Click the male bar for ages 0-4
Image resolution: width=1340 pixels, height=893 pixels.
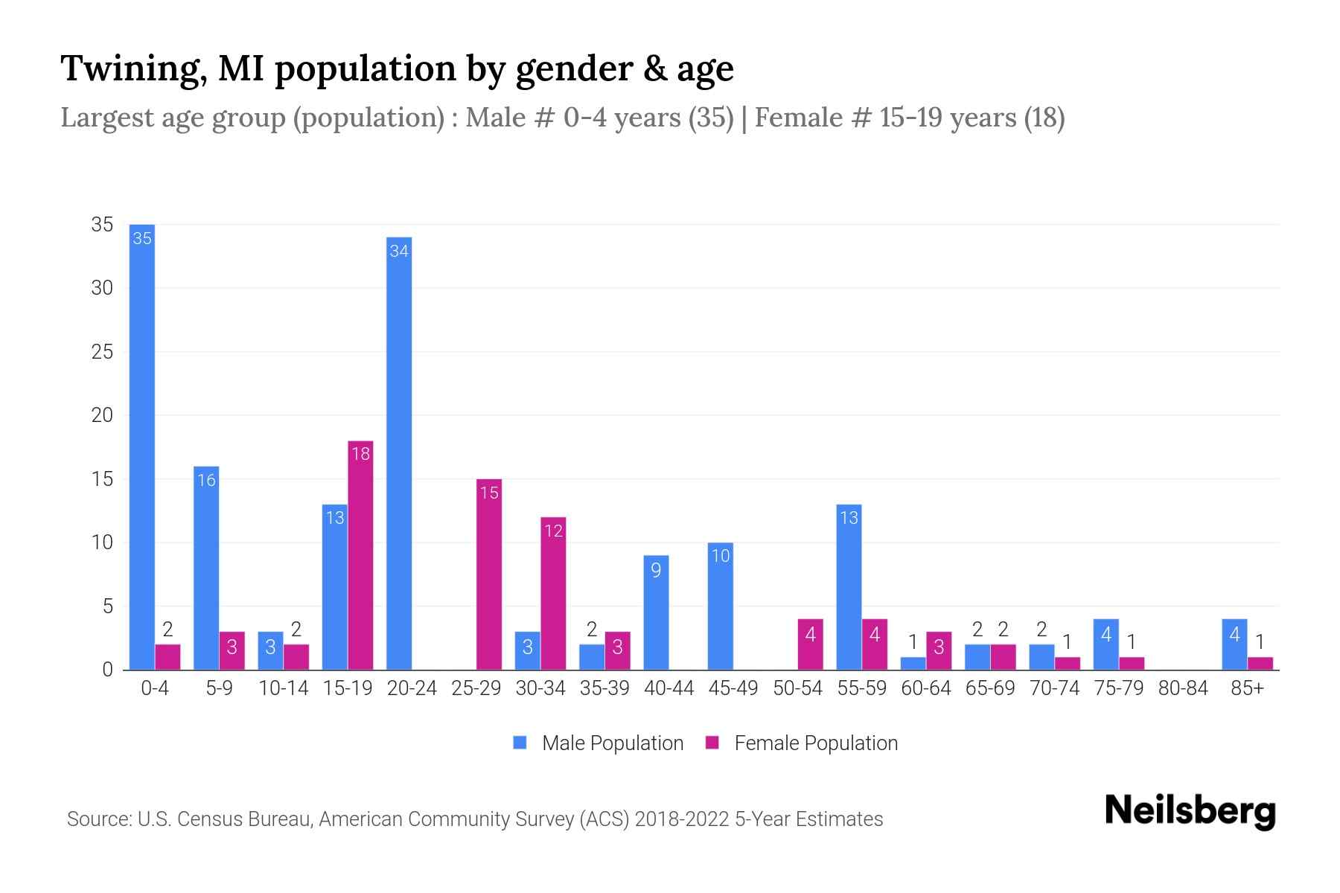coord(142,446)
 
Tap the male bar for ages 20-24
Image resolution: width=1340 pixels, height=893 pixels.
coord(399,454)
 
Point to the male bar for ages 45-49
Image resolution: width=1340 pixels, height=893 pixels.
coord(720,606)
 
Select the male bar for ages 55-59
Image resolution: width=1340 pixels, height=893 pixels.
coord(849,588)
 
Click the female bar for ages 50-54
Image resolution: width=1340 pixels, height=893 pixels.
coord(810,644)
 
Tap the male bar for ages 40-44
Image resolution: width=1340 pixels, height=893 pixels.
coord(656,612)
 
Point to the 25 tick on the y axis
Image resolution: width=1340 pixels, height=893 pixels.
coord(102,352)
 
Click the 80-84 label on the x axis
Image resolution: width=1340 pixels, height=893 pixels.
coord(1183,688)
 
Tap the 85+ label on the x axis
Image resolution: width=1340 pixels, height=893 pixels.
coord(1247,688)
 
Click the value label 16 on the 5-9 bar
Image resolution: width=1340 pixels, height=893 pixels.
coord(206,480)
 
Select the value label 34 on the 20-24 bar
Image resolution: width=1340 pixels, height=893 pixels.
coord(399,251)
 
